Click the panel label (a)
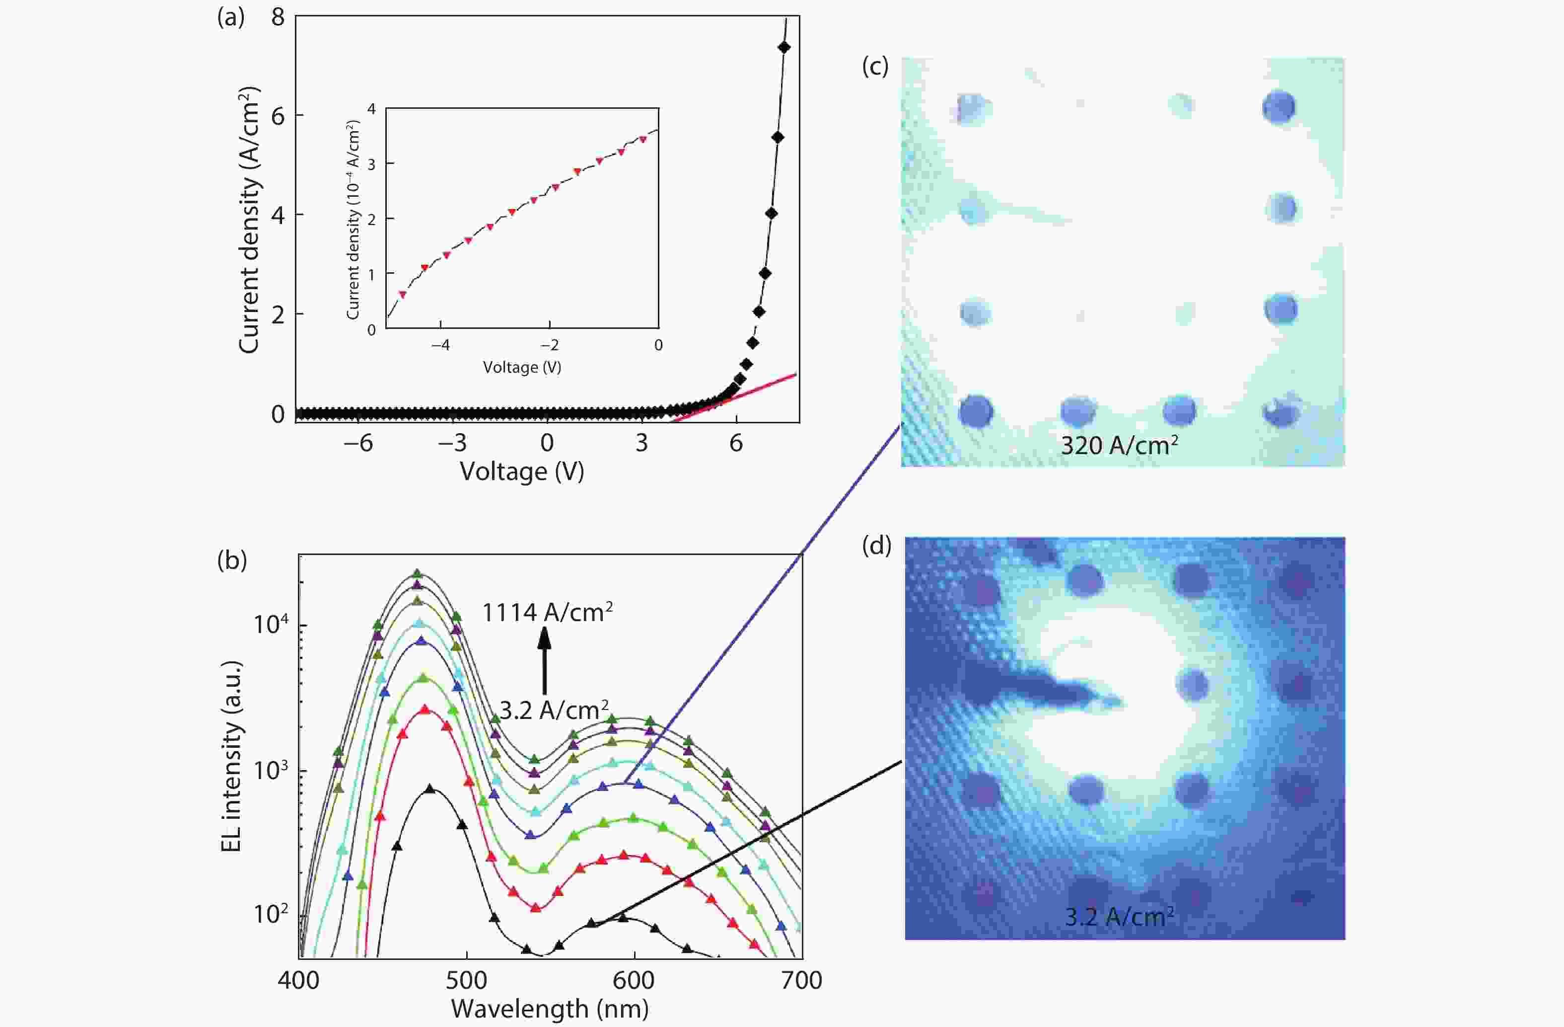(231, 18)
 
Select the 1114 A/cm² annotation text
(547, 613)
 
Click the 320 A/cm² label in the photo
(1119, 446)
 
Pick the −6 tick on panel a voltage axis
(357, 443)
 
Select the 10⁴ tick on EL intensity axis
(271, 623)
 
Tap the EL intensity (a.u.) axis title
(231, 756)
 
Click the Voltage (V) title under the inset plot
(522, 367)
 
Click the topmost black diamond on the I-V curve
(783, 47)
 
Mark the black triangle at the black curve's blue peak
(430, 789)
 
